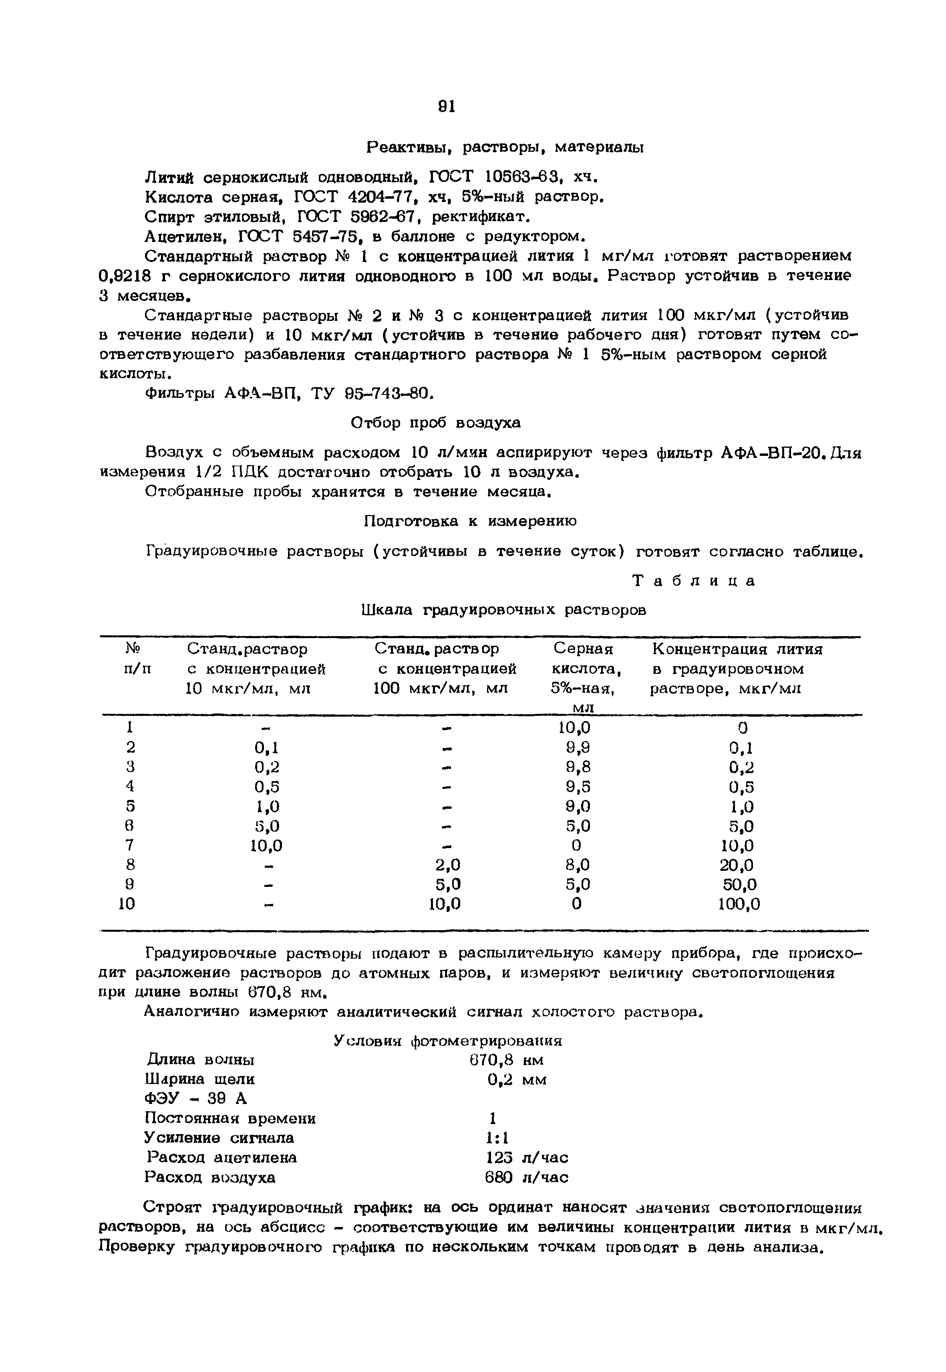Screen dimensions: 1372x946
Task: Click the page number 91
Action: [446, 106]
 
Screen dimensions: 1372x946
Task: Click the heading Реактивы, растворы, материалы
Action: [505, 147]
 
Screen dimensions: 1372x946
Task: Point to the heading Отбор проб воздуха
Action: [436, 423]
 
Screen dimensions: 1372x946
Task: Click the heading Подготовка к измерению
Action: [469, 521]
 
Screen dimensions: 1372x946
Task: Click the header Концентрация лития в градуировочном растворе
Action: [737, 669]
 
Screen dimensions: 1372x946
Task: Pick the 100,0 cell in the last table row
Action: [739, 904]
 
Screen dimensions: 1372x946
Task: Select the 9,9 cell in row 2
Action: [577, 747]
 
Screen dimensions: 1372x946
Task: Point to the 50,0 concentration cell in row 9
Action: [740, 884]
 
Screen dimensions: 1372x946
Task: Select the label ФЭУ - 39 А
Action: [195, 1099]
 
